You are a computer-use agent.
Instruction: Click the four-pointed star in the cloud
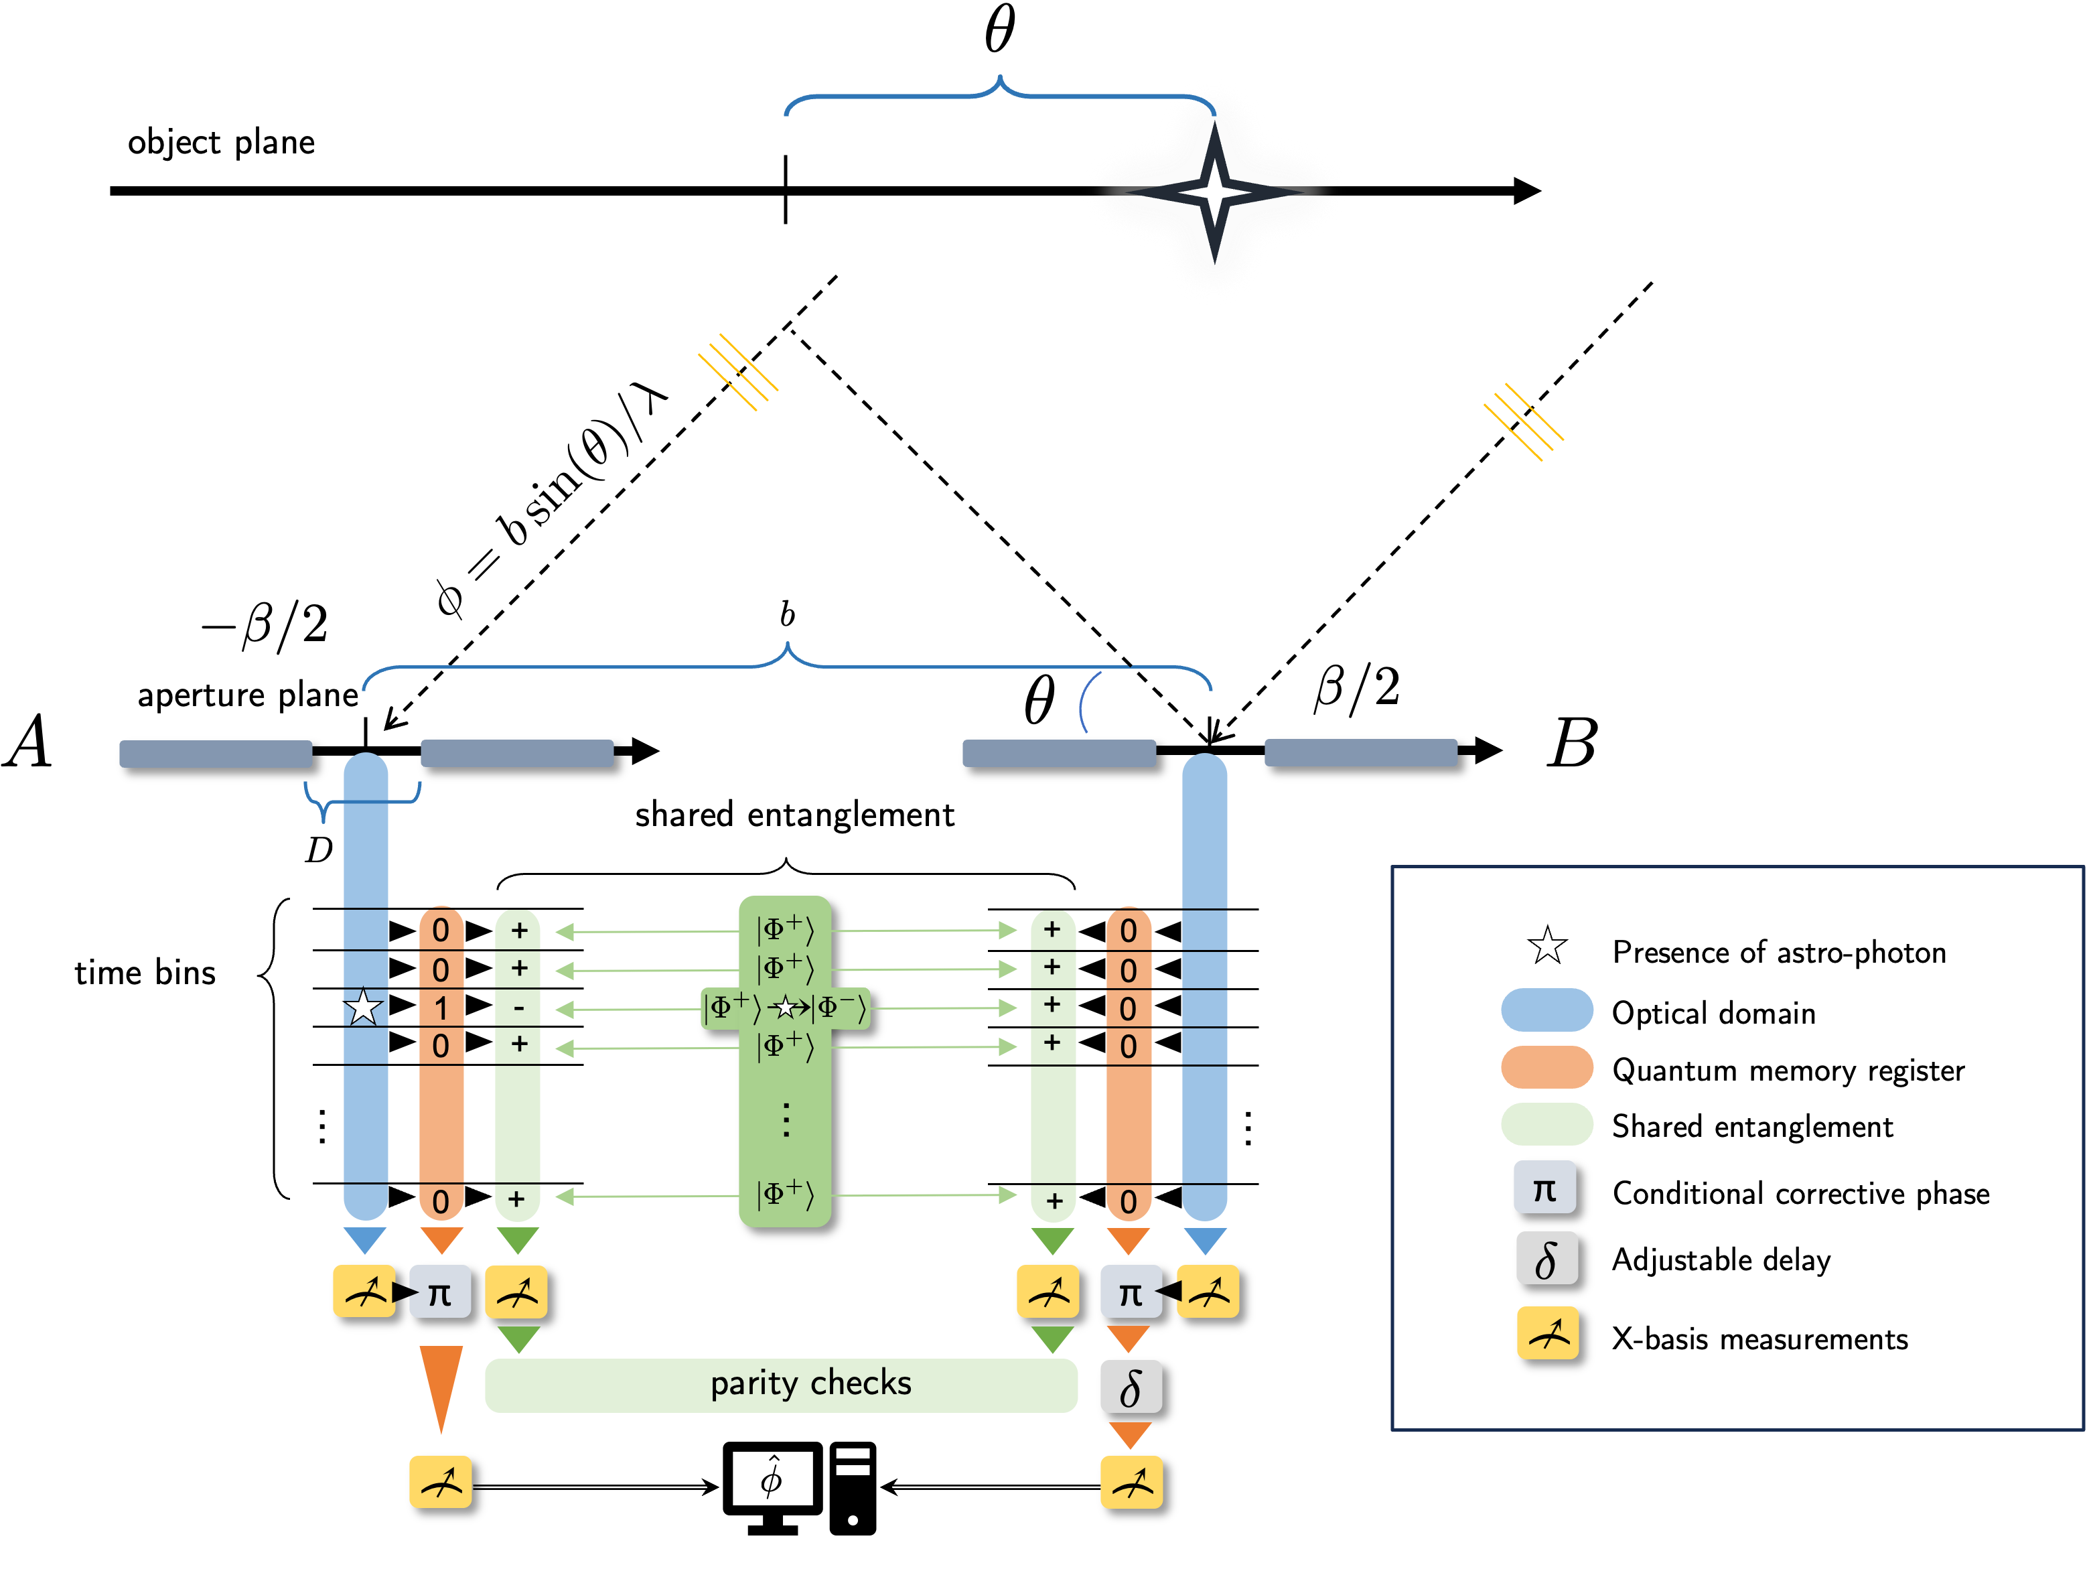click(1214, 192)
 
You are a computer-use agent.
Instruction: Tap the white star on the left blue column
click(363, 1007)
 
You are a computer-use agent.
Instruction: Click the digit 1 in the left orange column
click(441, 1008)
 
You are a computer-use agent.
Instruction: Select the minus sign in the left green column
click(518, 1008)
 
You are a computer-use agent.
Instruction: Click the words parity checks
click(810, 1383)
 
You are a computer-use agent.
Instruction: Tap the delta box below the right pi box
click(1131, 1387)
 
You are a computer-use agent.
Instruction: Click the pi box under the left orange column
click(439, 1292)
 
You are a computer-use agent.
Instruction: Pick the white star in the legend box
click(1547, 945)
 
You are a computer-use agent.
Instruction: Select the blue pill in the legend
click(1546, 1010)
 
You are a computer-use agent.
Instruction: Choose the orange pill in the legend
click(1546, 1067)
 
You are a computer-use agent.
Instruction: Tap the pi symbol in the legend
click(1544, 1187)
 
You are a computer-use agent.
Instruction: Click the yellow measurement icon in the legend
click(1547, 1333)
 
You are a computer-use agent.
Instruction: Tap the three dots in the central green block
click(786, 1120)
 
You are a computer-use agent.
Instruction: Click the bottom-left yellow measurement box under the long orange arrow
click(439, 1482)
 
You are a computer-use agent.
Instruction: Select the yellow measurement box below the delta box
click(1131, 1482)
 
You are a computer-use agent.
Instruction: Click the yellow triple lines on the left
click(738, 372)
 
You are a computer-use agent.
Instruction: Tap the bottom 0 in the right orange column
click(1129, 1202)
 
